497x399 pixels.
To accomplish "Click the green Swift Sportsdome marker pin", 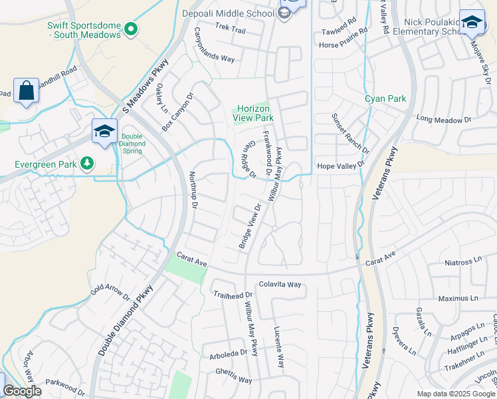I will click(131, 29).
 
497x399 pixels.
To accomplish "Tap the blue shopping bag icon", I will click(26, 92).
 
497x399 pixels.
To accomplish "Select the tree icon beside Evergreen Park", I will click(86, 163).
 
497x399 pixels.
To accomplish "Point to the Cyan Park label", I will click(385, 99).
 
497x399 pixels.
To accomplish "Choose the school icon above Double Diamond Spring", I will click(104, 132).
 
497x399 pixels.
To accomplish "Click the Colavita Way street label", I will click(280, 284).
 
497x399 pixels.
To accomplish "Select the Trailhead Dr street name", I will click(233, 295).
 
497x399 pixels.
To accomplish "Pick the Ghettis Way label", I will click(229, 380).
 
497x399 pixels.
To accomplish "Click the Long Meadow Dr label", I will click(443, 120).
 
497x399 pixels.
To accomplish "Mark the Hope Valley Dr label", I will click(341, 164).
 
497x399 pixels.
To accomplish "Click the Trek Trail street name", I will click(230, 31).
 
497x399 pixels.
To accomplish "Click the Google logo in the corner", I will click(22, 391).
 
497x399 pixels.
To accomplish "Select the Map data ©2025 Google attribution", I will click(456, 394).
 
